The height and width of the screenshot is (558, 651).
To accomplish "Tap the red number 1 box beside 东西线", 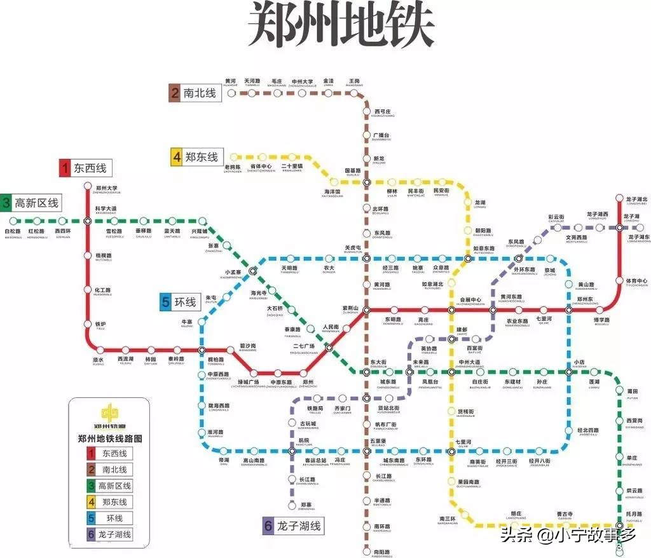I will [x=64, y=168].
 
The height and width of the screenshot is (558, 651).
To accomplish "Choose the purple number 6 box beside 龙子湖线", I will [x=269, y=526].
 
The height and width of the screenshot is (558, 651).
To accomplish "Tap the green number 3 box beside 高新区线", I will [x=6, y=203].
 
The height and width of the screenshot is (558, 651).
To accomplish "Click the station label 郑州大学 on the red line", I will [x=106, y=189].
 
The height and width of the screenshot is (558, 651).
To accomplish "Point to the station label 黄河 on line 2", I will [x=230, y=81].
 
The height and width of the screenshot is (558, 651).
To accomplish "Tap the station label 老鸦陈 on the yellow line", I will [x=233, y=168].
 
